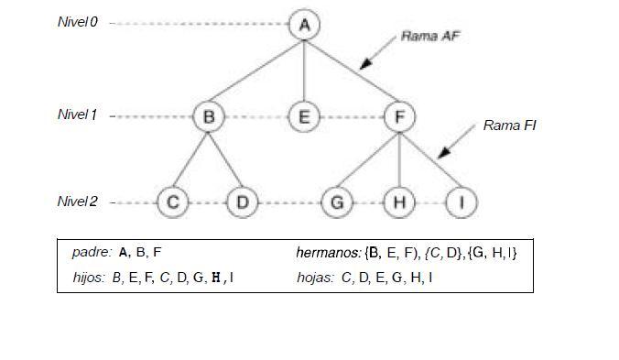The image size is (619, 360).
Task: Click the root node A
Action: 304,25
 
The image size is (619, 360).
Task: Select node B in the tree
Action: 209,116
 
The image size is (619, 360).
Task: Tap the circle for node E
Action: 304,116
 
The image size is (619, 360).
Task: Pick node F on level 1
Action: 399,116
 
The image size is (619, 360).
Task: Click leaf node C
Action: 172,202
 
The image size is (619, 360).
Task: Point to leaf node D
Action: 242,202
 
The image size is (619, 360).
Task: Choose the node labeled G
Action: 337,202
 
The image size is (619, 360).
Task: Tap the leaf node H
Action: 399,202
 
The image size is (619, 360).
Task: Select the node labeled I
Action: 461,202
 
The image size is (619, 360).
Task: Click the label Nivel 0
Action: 78,22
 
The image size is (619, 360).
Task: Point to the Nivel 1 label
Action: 78,115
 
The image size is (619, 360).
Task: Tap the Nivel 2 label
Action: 78,202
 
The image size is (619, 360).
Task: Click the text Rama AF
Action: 429,36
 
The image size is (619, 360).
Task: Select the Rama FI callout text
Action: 509,125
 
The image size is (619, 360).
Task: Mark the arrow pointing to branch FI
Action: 454,144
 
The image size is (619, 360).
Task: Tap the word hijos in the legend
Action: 89,276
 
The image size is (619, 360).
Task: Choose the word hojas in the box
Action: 315,276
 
